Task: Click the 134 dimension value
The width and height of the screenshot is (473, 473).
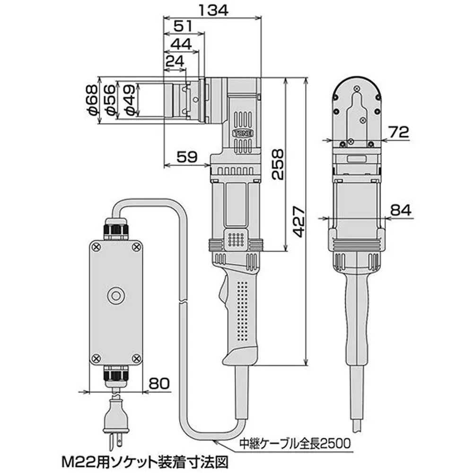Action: tap(211, 9)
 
